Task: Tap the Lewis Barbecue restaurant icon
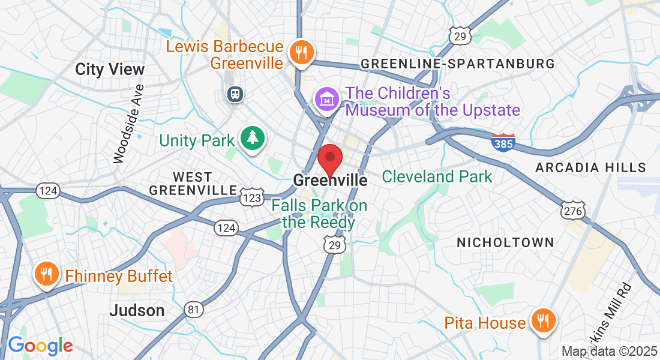click(x=298, y=52)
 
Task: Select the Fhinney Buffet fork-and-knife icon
click(x=46, y=275)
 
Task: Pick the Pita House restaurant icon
click(x=542, y=322)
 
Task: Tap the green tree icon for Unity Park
click(x=253, y=139)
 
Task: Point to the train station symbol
click(x=234, y=94)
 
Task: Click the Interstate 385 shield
click(x=503, y=142)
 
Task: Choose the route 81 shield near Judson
click(x=193, y=309)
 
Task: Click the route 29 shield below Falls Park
click(x=335, y=244)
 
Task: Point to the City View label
click(x=110, y=69)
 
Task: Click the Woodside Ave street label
click(x=129, y=124)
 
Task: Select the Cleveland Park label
click(x=437, y=176)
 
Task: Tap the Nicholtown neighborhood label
click(x=505, y=242)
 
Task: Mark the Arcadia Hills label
click(x=590, y=167)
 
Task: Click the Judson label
click(x=137, y=310)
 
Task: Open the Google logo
click(x=40, y=346)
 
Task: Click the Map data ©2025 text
click(x=608, y=350)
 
